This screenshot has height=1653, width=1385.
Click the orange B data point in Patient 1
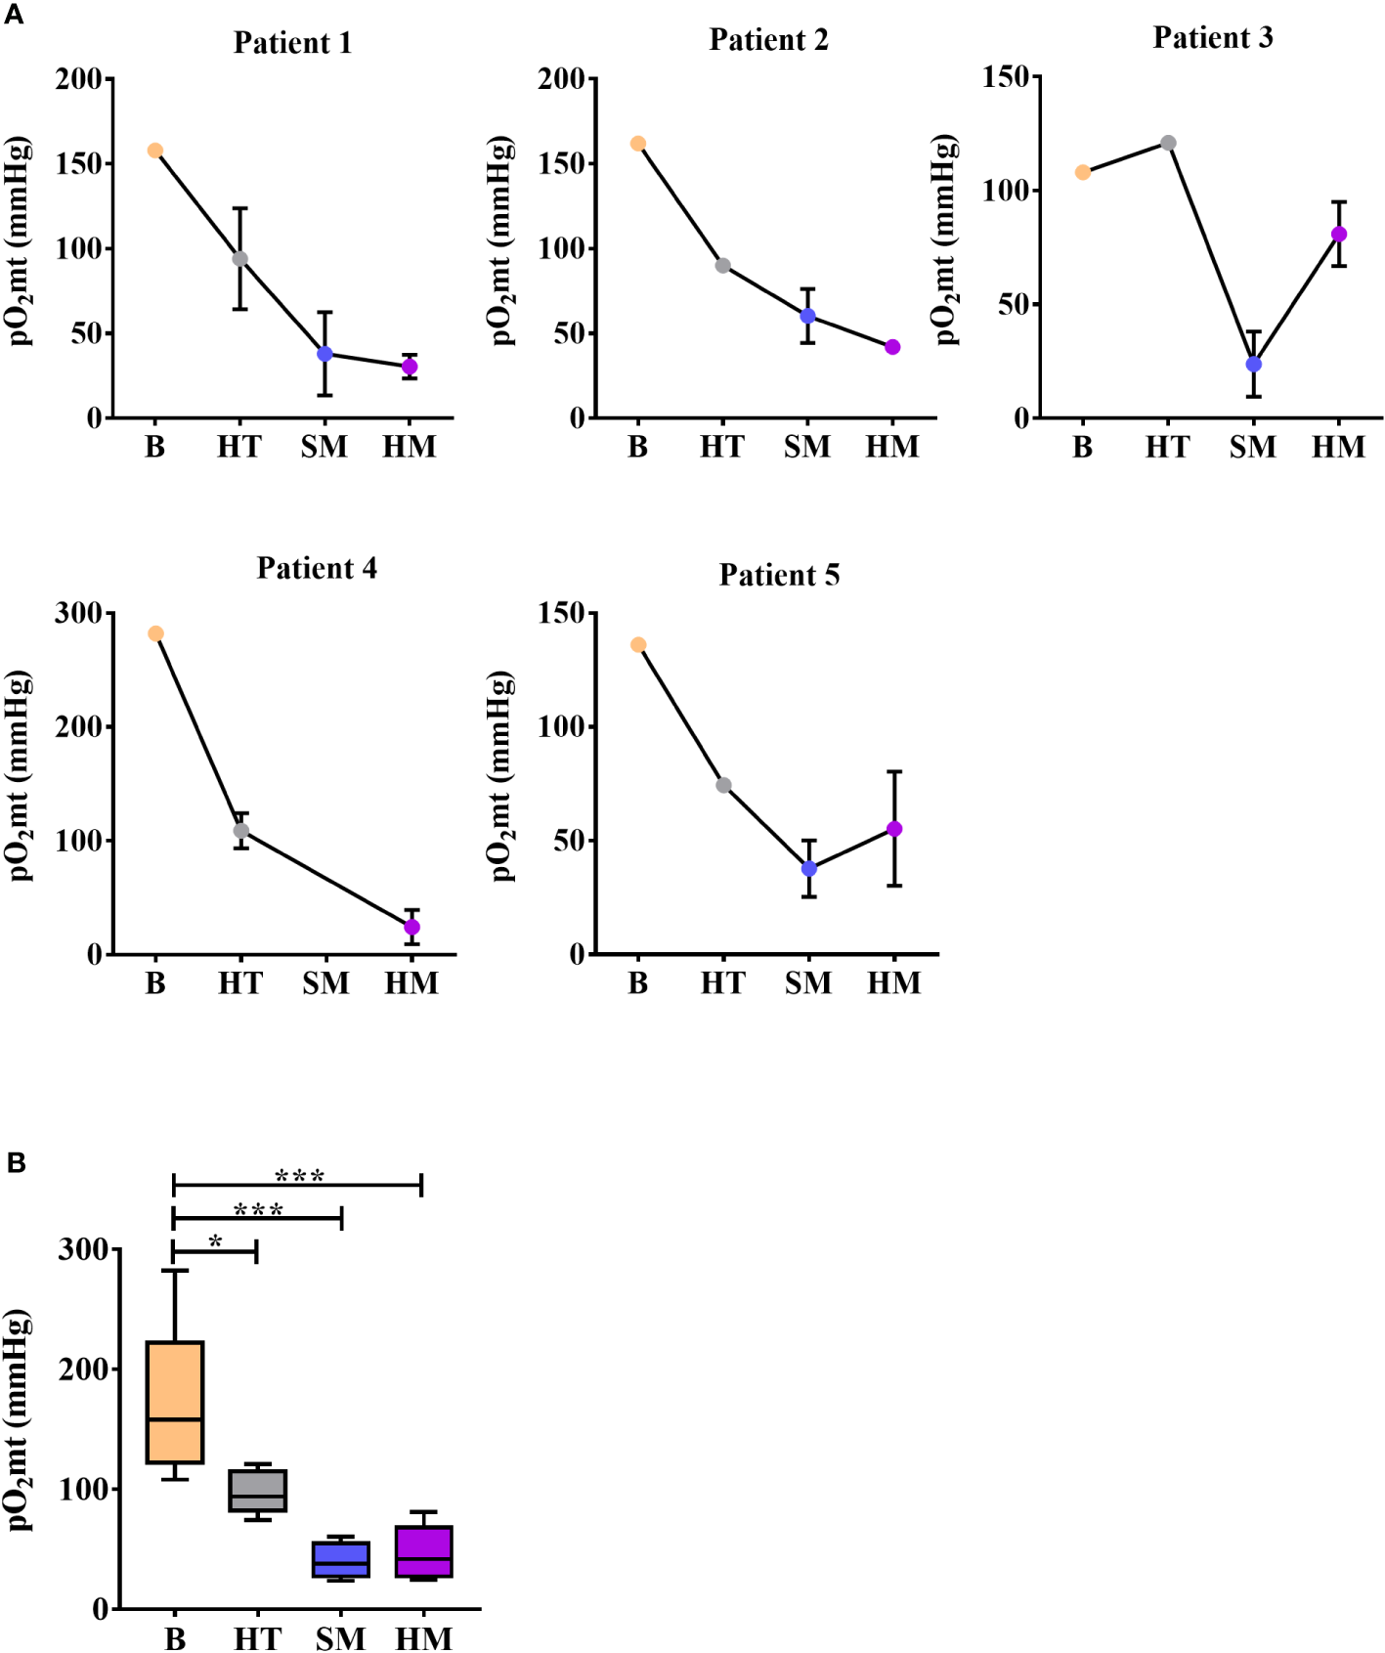click(x=155, y=151)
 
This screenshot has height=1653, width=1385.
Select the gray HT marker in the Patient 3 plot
click(x=1168, y=143)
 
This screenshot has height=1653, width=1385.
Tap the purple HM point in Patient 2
click(x=892, y=347)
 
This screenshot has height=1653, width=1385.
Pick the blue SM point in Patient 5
click(x=808, y=868)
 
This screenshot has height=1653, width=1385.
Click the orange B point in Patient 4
click(x=155, y=633)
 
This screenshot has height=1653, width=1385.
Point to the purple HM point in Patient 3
click(x=1339, y=234)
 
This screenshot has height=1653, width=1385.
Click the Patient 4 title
click(x=317, y=568)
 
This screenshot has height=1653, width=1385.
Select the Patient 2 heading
click(x=768, y=40)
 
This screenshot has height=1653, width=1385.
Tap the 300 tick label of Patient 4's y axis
click(x=78, y=613)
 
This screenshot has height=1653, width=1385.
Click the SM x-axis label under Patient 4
click(x=325, y=982)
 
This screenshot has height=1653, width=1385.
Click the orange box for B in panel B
click(x=175, y=1402)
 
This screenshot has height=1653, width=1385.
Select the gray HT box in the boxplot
click(x=258, y=1490)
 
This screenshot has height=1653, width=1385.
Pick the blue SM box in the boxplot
click(x=341, y=1559)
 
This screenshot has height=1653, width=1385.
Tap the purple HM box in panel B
click(x=424, y=1550)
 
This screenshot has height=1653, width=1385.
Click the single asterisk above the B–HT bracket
click(x=215, y=1241)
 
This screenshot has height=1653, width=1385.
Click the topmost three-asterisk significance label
click(x=299, y=1175)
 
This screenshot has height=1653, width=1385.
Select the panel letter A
click(x=14, y=15)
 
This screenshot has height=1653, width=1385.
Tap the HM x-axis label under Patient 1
click(x=409, y=447)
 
